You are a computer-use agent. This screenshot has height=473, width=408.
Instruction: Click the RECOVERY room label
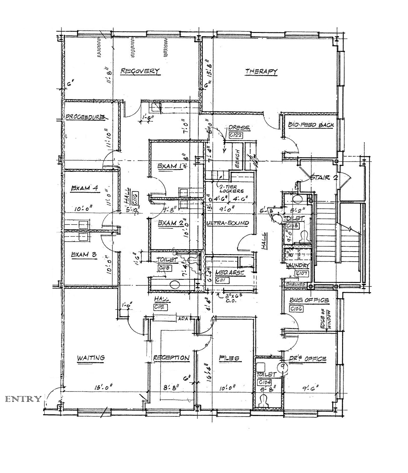point(140,71)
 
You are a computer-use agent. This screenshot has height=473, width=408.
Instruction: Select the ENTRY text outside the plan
point(23,399)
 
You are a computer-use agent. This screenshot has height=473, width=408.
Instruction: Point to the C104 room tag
point(265,382)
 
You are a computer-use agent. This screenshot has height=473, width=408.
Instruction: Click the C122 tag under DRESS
point(235,135)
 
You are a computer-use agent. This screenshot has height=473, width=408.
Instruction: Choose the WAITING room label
point(91,357)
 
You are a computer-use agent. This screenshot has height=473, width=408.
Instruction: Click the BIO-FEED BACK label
point(311,125)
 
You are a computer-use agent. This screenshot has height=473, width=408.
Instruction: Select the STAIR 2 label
point(324,177)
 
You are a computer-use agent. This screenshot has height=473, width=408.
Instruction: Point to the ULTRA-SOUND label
point(228,223)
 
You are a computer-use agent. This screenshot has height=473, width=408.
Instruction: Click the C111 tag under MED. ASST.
point(222,280)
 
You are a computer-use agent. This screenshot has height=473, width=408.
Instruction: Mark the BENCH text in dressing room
point(237,158)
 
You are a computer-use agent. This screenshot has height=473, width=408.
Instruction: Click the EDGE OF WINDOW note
point(327,320)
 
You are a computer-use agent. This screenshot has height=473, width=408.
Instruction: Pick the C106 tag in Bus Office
point(297,309)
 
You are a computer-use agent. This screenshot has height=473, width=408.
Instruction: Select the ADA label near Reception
point(183,319)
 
